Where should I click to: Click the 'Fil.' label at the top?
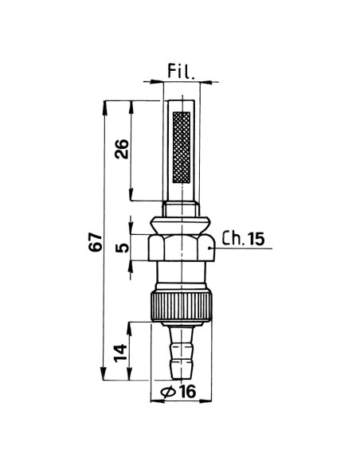tap(181, 72)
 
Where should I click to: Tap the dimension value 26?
tap(122, 149)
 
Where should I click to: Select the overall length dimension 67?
tap(96, 242)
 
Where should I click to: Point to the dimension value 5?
tap(122, 248)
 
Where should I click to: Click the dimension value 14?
tap(121, 353)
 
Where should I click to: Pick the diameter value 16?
tap(188, 392)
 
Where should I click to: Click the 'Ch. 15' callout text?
tap(243, 238)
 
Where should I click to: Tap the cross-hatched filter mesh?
tap(182, 147)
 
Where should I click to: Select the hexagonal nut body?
tap(181, 248)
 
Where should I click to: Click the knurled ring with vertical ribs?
tap(181, 307)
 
